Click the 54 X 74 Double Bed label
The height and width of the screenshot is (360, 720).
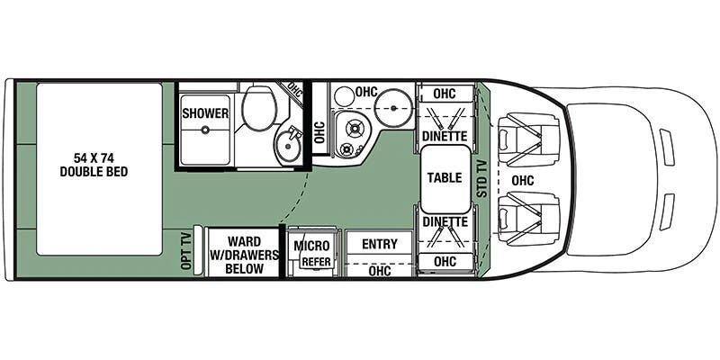click(x=94, y=166)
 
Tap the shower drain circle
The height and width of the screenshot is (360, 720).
click(x=205, y=130)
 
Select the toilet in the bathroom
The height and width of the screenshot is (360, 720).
click(x=258, y=107)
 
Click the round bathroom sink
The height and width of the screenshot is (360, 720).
click(x=288, y=144)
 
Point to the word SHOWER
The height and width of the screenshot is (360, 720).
click(x=205, y=113)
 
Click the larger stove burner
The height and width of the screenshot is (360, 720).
click(x=354, y=129)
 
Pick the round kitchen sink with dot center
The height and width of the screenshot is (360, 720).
click(x=393, y=108)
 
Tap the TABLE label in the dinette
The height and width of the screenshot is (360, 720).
click(x=445, y=177)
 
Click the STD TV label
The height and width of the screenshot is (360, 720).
click(x=481, y=178)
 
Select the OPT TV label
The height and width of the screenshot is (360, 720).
click(x=186, y=251)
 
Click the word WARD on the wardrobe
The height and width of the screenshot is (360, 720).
click(x=244, y=241)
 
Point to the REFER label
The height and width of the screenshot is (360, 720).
click(x=317, y=262)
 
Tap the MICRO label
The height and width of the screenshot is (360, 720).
click(x=311, y=246)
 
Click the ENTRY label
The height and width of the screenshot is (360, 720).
click(x=379, y=244)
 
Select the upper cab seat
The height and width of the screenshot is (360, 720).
click(x=528, y=139)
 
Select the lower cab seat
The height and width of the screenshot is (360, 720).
click(x=528, y=219)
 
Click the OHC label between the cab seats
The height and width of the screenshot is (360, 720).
click(x=523, y=181)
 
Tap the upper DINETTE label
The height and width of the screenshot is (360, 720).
click(x=445, y=136)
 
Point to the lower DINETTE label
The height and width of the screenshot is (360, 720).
click(x=445, y=221)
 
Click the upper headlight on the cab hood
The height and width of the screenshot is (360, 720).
click(x=667, y=147)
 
